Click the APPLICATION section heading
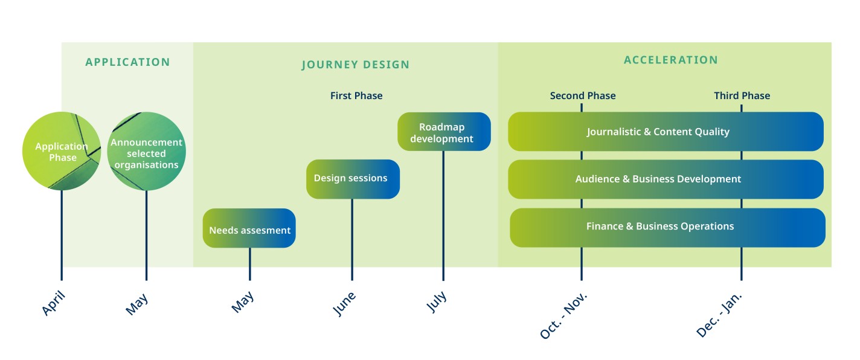127,62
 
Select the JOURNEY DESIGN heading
355,65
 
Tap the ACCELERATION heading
670,60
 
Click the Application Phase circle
62,152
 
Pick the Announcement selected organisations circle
146,152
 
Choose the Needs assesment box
249,228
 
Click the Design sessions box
353,179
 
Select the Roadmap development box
444,132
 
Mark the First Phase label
356,95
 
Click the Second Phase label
582,95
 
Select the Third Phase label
742,95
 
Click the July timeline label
437,301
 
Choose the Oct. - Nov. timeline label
563,315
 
